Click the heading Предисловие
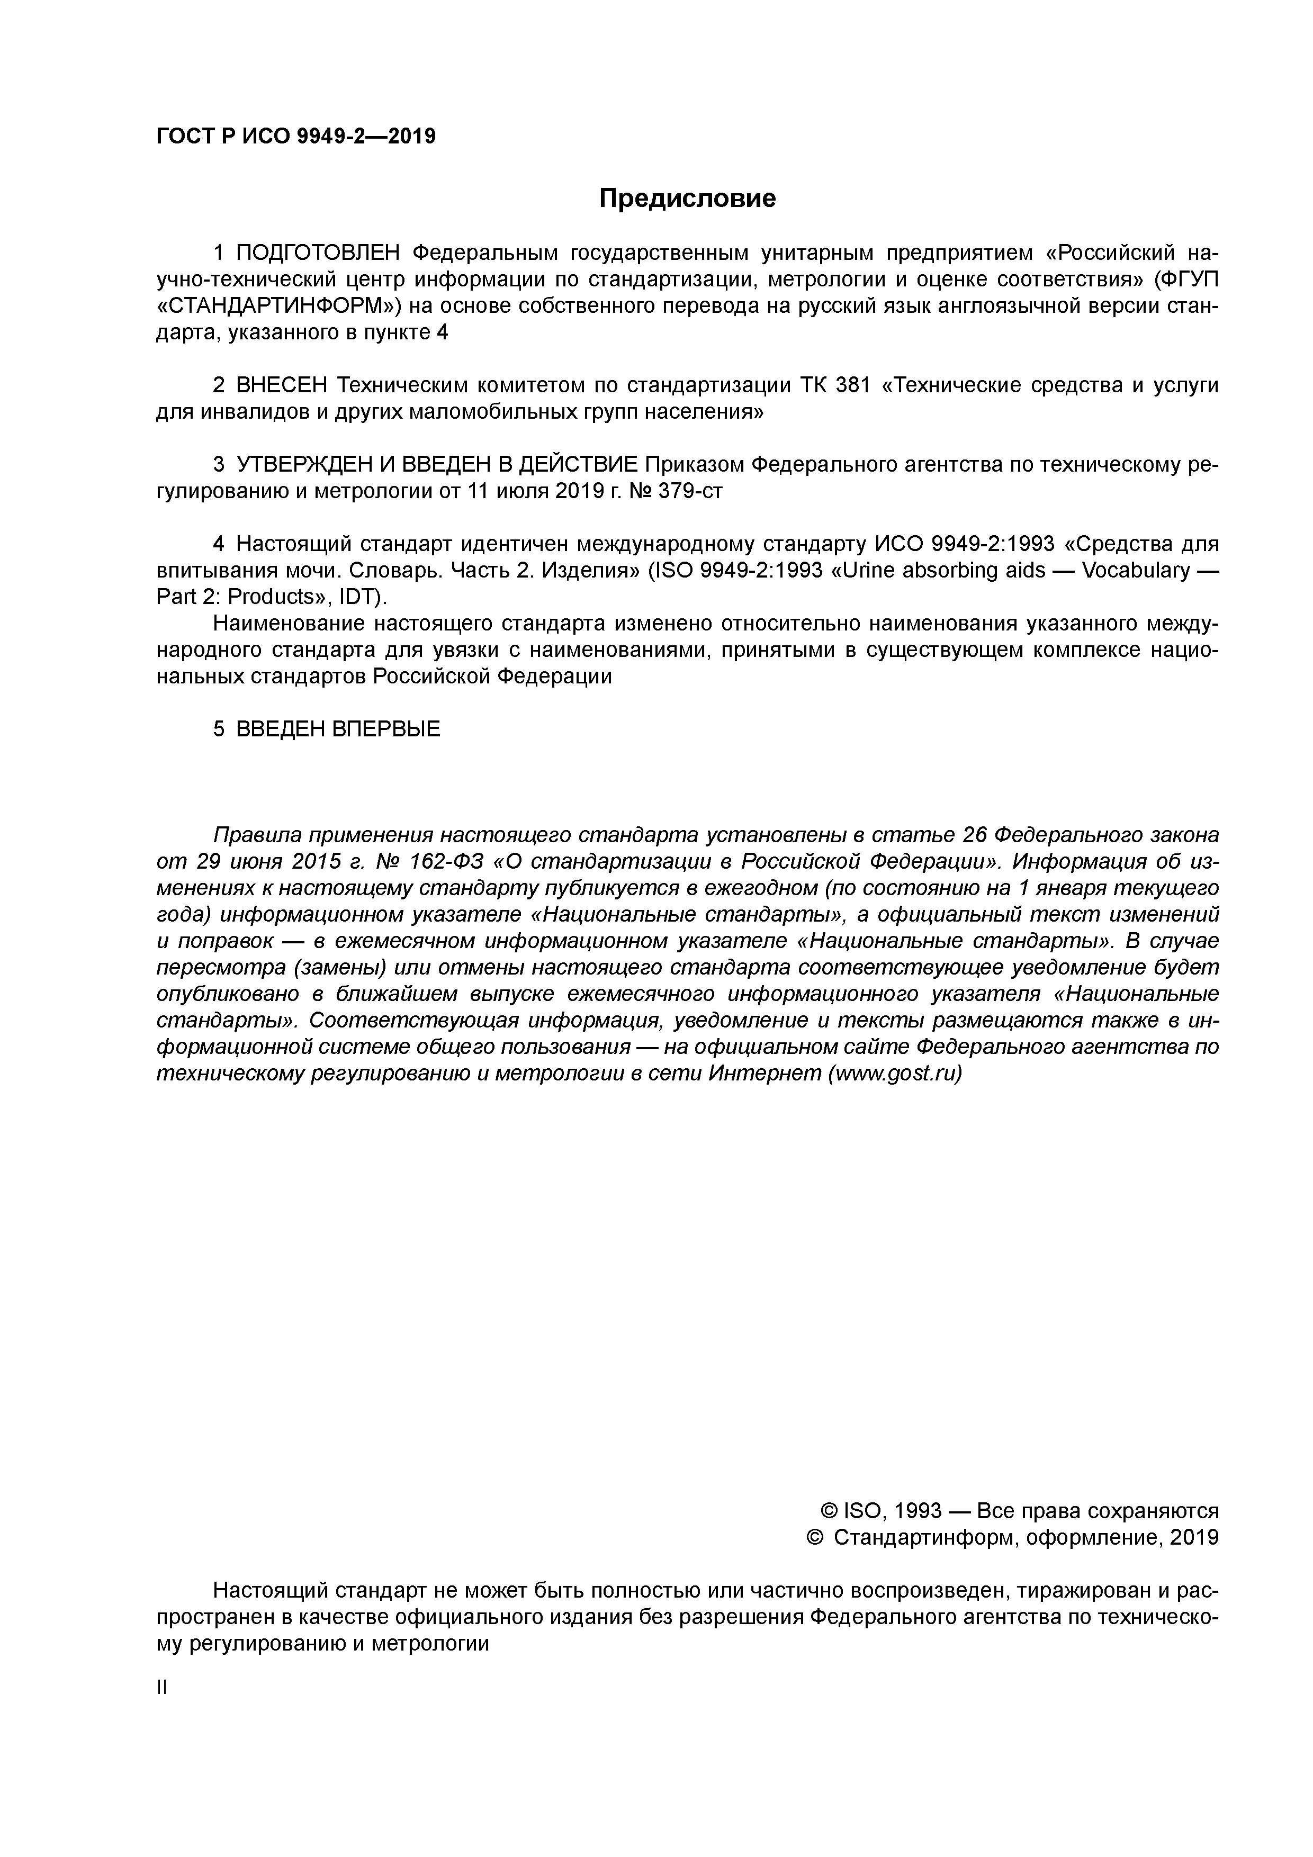[x=687, y=198]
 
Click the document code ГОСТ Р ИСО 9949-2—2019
[x=295, y=137]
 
